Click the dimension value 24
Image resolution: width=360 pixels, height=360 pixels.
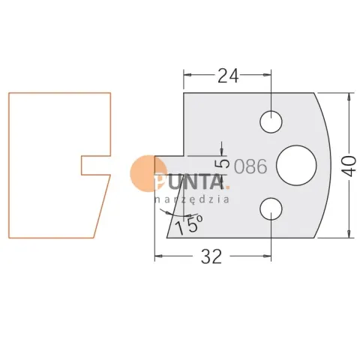(228, 76)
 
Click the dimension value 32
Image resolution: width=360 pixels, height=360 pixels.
(211, 256)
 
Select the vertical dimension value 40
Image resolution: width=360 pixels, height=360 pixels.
(349, 166)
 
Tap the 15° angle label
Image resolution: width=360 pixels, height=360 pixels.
(189, 224)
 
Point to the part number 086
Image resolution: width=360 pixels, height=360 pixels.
(250, 166)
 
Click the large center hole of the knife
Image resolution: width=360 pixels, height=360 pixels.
(296, 166)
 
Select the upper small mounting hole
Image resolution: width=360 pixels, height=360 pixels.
(271, 122)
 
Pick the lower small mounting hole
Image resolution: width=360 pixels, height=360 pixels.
(271, 209)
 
